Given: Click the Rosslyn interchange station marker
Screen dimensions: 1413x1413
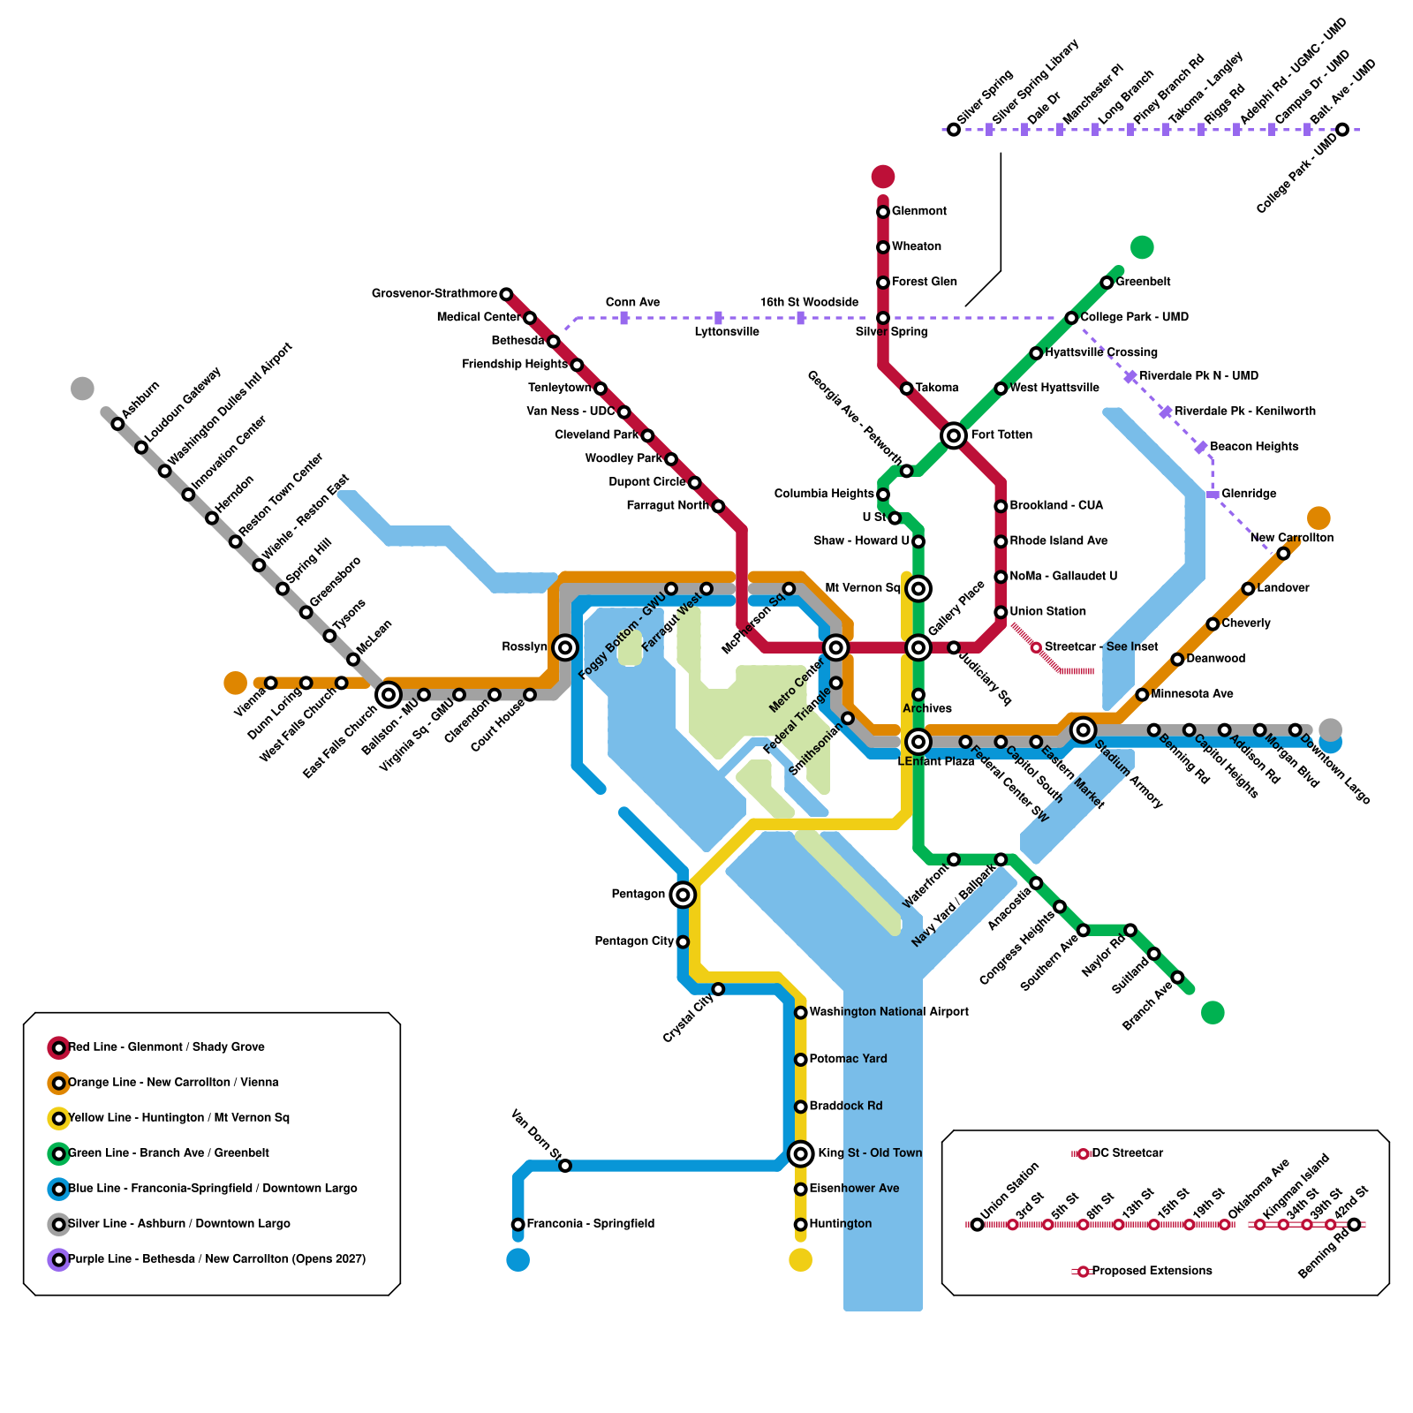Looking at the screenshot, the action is point(565,647).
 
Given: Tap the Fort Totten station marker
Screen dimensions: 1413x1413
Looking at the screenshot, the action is point(953,435).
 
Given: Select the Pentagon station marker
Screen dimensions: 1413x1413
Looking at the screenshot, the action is point(682,895).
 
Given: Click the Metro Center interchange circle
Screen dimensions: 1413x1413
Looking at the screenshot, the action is point(835,648).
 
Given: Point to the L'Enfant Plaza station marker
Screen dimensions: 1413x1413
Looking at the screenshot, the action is point(918,742).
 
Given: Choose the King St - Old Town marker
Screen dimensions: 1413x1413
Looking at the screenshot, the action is point(800,1153).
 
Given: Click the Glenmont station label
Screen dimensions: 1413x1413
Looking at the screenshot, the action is point(918,211).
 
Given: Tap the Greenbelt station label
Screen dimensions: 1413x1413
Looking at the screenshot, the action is point(1143,282).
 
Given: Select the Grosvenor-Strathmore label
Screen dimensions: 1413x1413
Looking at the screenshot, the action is point(434,293).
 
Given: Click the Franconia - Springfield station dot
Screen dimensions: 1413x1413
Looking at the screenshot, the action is point(518,1224).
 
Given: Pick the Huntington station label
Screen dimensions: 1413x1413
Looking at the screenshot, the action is point(840,1224).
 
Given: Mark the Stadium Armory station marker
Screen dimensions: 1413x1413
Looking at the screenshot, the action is point(1083,729).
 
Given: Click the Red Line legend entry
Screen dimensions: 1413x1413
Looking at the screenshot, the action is point(166,1047).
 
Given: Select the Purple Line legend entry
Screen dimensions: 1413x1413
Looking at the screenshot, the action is point(216,1259).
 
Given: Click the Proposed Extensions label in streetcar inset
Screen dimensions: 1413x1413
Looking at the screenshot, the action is point(1152,1271).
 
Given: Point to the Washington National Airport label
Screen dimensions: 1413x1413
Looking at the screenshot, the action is point(888,1012).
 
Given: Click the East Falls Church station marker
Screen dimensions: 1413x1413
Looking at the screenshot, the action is point(388,695).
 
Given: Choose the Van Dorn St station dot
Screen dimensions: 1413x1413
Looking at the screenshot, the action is point(565,1166).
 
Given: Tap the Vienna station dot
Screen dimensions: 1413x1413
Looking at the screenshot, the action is point(271,683).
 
